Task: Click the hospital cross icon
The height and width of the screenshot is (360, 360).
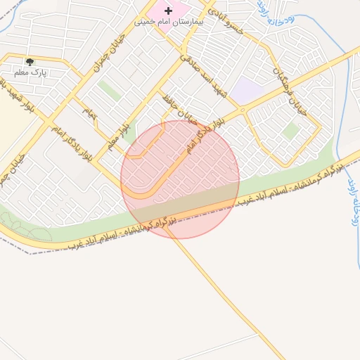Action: pyautogui.click(x=167, y=11)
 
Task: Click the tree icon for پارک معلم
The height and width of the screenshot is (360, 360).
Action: pyautogui.click(x=29, y=62)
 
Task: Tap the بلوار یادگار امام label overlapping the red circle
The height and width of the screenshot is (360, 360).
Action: pyautogui.click(x=205, y=136)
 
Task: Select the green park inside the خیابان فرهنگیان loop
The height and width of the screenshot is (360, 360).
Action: pyautogui.click(x=290, y=131)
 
